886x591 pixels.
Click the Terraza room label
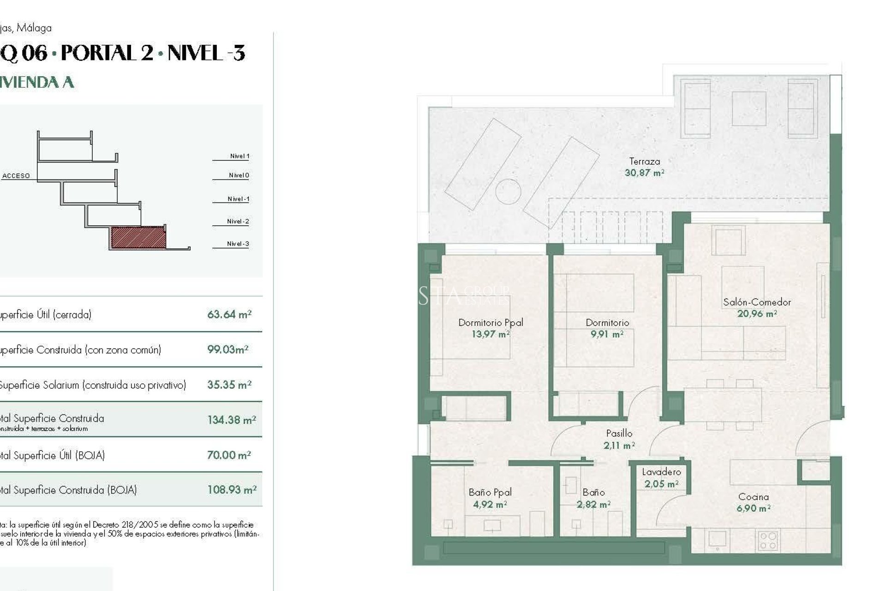pyautogui.click(x=644, y=162)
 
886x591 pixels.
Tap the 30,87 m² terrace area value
pyautogui.click(x=644, y=173)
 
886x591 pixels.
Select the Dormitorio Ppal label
pyautogui.click(x=491, y=323)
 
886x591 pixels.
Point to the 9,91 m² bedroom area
pyautogui.click(x=607, y=334)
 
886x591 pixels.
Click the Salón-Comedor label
pyautogui.click(x=757, y=302)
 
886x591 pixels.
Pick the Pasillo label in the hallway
pyautogui.click(x=619, y=434)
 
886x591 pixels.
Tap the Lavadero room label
pyautogui.click(x=661, y=472)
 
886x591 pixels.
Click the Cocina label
pyautogui.click(x=753, y=497)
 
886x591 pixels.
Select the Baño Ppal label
pyautogui.click(x=490, y=493)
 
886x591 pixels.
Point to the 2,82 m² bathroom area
pyautogui.click(x=593, y=505)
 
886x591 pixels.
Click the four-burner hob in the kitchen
pyautogui.click(x=768, y=541)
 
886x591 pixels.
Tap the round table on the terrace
pyautogui.click(x=508, y=191)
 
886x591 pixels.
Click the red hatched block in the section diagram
pyautogui.click(x=138, y=237)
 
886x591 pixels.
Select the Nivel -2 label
pyautogui.click(x=238, y=222)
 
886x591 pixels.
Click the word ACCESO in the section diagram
pyautogui.click(x=16, y=176)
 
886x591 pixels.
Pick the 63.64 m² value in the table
pyautogui.click(x=229, y=314)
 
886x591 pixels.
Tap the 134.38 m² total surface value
pyautogui.click(x=231, y=420)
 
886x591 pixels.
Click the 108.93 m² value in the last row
pyautogui.click(x=232, y=490)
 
